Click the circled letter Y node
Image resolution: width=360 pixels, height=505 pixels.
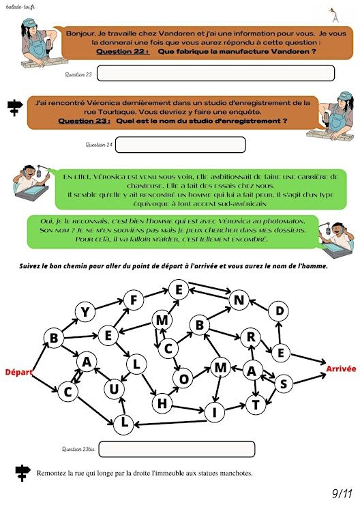[x=85, y=312]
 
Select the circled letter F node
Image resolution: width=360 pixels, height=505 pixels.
[x=134, y=300]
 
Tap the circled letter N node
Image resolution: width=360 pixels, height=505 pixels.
[x=239, y=300]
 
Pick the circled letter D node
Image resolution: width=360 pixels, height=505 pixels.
[x=280, y=311]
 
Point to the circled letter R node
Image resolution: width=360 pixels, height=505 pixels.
[x=251, y=337]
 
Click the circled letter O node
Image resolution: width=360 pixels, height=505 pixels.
[x=183, y=379]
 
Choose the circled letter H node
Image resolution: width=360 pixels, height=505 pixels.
[x=162, y=403]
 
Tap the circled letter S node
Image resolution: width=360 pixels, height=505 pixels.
[x=284, y=384]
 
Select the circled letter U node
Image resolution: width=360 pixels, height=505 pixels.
[x=115, y=390]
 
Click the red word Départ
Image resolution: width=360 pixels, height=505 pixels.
[x=18, y=372]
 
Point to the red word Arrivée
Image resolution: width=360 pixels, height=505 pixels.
[x=341, y=369]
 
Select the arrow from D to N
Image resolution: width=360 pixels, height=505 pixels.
[x=260, y=306]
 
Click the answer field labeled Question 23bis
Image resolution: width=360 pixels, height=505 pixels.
[x=177, y=449]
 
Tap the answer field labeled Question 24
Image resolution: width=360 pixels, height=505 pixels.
[x=181, y=145]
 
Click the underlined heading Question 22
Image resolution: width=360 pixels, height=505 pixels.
[x=123, y=52]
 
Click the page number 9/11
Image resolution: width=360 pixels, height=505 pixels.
[x=342, y=493]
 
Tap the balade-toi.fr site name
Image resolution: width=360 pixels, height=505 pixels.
[x=20, y=7]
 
